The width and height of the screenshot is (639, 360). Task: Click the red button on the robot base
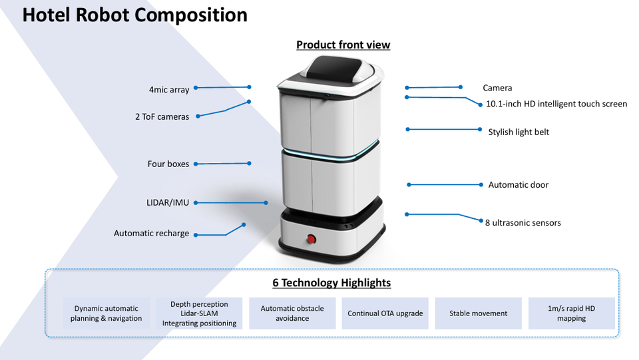311,239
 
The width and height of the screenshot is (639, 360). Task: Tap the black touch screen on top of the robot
333,67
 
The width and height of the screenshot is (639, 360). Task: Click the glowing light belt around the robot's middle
331,152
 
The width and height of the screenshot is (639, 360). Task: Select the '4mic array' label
169,90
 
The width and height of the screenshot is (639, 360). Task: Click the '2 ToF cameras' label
162,117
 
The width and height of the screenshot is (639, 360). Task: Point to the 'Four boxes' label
168,164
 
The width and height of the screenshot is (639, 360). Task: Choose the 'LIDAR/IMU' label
168,202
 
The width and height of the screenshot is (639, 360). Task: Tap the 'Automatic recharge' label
151,234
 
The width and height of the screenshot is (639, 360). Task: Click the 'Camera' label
497,88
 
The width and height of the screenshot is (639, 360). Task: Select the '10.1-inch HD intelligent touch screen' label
556,104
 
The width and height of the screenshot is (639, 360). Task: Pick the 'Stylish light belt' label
519,132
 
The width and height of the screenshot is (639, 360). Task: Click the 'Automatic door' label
519,185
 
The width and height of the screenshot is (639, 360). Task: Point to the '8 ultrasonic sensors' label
523,223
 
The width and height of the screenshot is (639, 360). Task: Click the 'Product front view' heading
343,45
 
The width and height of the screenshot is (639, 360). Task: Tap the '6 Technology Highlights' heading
331,283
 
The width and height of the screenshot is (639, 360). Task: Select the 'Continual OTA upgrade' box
385,313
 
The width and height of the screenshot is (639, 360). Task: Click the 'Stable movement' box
479,313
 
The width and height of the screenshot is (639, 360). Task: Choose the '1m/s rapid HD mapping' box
571,313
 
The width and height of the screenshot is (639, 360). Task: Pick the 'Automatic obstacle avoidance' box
292,313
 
